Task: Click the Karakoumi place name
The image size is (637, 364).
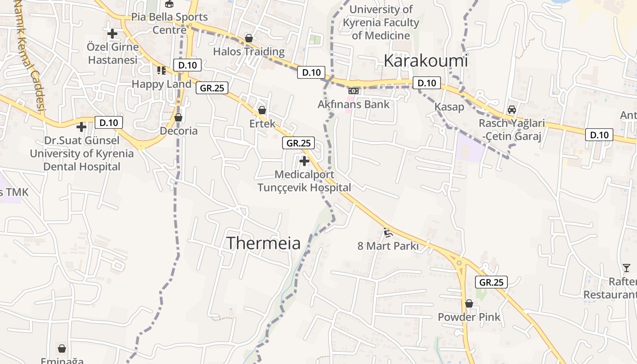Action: point(425,61)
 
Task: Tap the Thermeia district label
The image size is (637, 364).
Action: point(263,243)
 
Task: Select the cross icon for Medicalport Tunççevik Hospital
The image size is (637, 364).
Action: point(304,161)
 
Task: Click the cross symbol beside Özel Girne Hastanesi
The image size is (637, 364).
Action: point(112,33)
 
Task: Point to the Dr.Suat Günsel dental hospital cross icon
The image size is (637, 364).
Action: point(81,127)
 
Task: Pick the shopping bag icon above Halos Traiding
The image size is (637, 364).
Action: point(248,38)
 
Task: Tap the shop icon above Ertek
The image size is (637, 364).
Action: point(262,110)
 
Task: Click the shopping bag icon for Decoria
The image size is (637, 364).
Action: point(178,118)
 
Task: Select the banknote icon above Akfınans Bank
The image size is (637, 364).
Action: point(354,91)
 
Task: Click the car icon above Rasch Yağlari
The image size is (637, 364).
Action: point(512,110)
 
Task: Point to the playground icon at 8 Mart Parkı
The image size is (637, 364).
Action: point(388,233)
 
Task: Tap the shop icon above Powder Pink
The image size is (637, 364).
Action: point(469,303)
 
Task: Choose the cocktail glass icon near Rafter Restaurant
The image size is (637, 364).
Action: point(627,268)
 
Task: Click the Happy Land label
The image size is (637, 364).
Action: point(162,84)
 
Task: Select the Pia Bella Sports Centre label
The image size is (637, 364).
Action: point(169,23)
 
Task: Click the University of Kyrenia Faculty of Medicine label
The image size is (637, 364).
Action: point(381,22)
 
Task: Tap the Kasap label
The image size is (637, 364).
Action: point(449,107)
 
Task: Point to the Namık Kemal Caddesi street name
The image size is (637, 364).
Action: point(30,55)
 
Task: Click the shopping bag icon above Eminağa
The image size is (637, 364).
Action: point(62,349)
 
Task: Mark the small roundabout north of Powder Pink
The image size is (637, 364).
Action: point(459,263)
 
